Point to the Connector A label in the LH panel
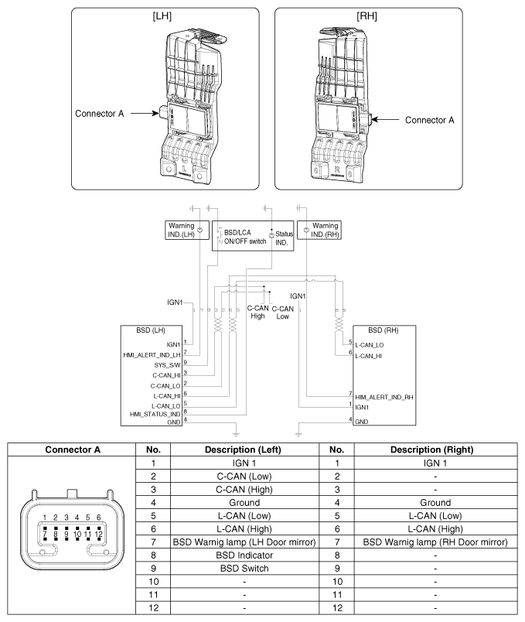coord(101,113)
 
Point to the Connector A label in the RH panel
coord(428,120)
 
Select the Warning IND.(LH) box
coord(182,230)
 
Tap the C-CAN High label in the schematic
coord(257,312)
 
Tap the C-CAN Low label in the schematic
coord(282,312)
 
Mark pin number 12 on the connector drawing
coord(99,534)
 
